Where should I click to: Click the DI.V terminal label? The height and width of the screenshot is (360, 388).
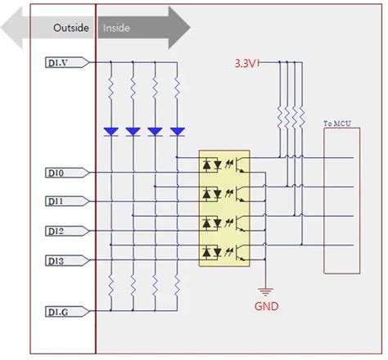pos(58,61)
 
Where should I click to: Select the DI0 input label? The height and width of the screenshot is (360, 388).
pos(56,173)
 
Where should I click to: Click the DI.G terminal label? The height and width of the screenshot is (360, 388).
pos(58,312)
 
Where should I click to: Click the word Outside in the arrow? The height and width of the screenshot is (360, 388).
pos(71,28)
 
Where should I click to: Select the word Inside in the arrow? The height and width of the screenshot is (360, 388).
pos(116,28)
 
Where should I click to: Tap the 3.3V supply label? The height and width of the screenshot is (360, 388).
pos(246,63)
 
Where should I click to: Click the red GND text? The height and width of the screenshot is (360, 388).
pos(264,307)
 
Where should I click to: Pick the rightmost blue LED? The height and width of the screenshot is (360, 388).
pos(176,131)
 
